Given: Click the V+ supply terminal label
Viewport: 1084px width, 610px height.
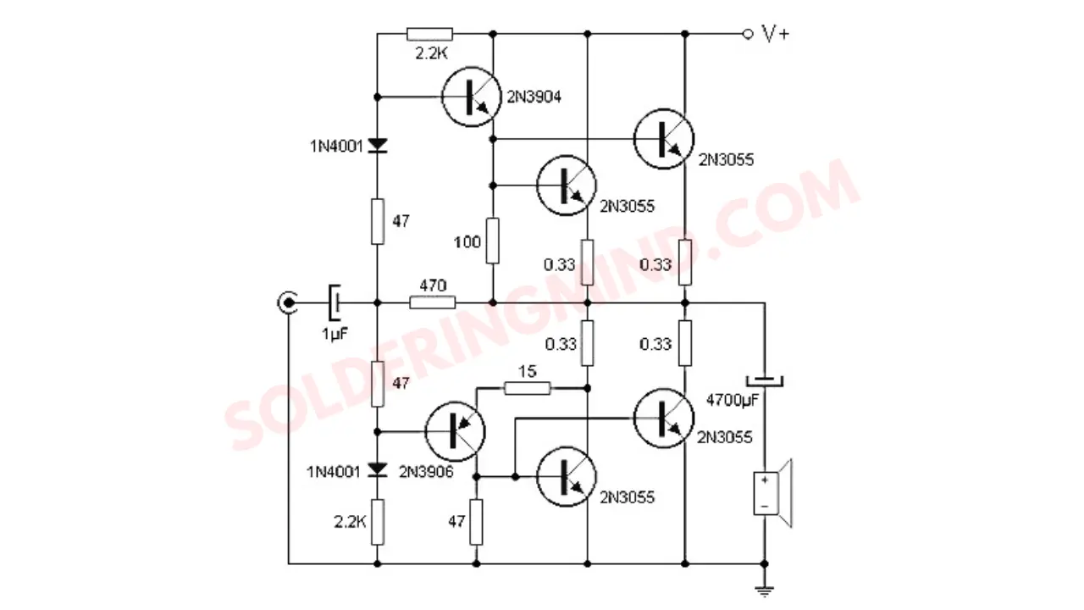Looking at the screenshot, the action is pos(776,34).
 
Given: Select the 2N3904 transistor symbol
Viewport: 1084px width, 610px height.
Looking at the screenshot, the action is pos(471,97).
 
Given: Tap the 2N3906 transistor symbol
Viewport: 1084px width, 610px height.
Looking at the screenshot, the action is pos(455,431).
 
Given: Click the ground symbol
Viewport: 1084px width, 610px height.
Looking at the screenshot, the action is pos(765,591).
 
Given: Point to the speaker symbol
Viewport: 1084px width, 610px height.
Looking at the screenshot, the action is pos(772,493).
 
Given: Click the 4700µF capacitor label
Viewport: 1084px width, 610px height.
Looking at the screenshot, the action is pos(733,401).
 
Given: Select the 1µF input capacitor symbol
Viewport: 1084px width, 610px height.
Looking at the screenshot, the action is pos(335,303).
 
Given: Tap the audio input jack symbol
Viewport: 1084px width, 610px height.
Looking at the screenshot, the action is pos(288,303).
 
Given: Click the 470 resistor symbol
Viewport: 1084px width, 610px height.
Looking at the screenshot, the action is pos(432,303).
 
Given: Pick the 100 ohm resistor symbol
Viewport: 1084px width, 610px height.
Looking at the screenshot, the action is pos(493,241).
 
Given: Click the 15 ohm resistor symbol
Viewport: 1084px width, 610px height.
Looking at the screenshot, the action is pos(527,388).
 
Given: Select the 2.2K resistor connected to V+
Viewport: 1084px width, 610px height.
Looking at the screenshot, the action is pos(429,34).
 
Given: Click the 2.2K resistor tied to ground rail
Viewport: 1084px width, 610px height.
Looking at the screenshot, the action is pos(378,523).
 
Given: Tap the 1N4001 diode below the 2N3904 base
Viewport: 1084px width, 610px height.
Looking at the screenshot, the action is pos(378,145).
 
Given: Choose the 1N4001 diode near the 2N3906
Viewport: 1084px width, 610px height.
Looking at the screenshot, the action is pos(378,469).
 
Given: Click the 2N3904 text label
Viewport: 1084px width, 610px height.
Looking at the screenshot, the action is pos(534,97).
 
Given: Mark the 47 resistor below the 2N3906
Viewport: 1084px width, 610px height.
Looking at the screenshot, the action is pos(476,523).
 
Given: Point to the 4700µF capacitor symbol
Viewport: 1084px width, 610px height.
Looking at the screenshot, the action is pos(765,381).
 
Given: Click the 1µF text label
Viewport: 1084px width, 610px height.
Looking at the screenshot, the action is pos(335,334).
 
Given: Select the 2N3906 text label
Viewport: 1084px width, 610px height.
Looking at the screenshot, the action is pos(426,472).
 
